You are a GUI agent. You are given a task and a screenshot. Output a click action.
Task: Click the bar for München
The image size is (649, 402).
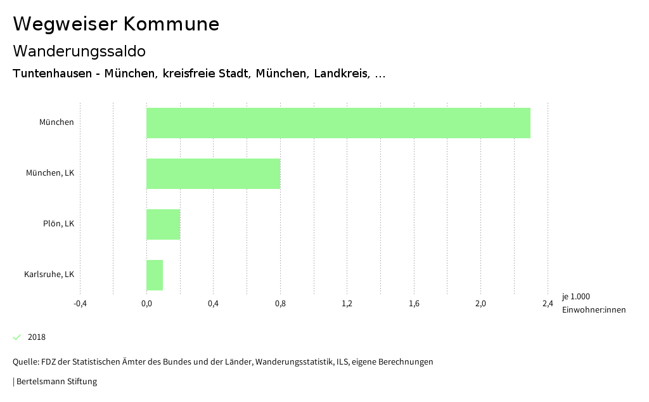click(338, 123)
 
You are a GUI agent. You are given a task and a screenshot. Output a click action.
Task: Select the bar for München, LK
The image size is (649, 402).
click(213, 174)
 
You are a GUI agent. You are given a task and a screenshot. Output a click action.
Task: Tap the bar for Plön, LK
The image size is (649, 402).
click(164, 224)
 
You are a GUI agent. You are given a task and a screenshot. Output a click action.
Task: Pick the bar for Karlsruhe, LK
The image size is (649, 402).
click(155, 275)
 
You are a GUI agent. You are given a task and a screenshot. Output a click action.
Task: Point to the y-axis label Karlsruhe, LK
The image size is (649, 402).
click(49, 275)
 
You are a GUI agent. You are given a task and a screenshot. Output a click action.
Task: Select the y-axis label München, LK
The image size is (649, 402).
click(50, 173)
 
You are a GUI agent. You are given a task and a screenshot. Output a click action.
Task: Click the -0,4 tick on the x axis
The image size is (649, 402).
click(80, 303)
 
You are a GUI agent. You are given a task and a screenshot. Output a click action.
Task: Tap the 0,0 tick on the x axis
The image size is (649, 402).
click(146, 303)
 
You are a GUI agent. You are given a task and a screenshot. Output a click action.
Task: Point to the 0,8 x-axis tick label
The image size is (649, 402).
click(280, 303)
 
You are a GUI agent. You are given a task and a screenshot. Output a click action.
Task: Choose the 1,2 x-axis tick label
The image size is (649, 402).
click(347, 303)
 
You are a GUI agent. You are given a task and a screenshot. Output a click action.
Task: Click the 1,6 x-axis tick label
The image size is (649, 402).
click(414, 303)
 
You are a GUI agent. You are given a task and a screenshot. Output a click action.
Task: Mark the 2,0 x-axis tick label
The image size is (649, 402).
click(480, 303)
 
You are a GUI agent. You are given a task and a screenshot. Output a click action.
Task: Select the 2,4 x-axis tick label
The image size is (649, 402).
click(548, 303)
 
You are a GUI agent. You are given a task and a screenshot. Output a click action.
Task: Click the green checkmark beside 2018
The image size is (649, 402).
click(17, 337)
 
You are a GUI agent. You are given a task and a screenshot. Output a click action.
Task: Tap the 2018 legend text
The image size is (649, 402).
click(37, 337)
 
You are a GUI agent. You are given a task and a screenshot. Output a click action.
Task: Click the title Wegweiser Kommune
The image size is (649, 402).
click(116, 24)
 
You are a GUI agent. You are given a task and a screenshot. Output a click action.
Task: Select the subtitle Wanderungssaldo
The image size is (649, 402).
click(79, 51)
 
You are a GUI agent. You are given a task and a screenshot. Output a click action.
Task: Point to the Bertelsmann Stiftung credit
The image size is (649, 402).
click(56, 382)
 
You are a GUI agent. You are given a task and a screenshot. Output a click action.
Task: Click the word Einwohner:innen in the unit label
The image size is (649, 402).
click(593, 309)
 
